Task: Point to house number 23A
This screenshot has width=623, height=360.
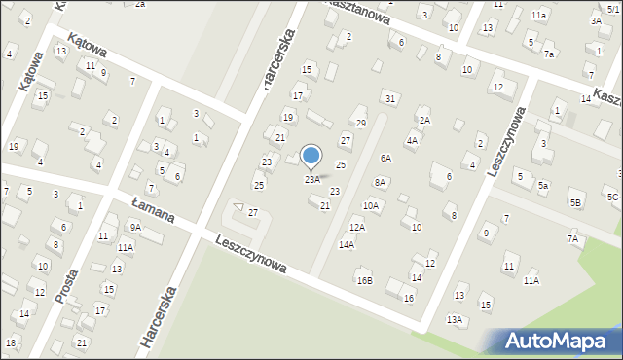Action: click(x=311, y=179)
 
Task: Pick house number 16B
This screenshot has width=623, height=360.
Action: click(x=364, y=280)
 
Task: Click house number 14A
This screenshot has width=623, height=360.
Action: click(x=346, y=245)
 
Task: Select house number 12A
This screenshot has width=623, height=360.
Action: click(x=357, y=227)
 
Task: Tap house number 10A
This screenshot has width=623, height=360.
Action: click(x=371, y=205)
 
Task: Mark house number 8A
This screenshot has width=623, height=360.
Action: click(x=381, y=182)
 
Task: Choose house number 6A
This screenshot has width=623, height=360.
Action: click(x=385, y=158)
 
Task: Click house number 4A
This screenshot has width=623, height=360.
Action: click(x=412, y=141)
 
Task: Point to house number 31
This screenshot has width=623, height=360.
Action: click(x=390, y=99)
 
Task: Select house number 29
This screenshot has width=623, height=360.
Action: click(x=360, y=123)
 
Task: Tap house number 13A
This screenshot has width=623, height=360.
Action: click(x=454, y=319)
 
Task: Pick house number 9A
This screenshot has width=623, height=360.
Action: click(x=135, y=227)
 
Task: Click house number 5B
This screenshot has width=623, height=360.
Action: click(x=576, y=202)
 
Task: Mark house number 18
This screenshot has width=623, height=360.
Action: click(x=11, y=342)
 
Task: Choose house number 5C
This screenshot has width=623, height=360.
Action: click(x=612, y=198)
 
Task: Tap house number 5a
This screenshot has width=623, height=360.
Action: click(x=544, y=185)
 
